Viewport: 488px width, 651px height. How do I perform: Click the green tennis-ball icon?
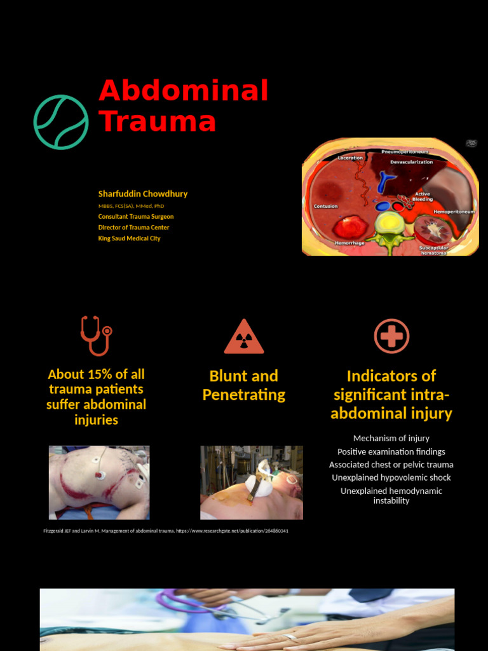[x=61, y=122]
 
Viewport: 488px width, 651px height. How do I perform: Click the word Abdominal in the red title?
[x=184, y=91]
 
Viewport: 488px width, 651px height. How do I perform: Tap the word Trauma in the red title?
[x=157, y=121]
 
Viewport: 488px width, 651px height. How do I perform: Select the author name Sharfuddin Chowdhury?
[x=143, y=194]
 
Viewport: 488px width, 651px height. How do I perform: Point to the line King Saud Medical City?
[x=129, y=238]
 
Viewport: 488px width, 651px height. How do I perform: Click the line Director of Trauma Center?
[x=133, y=228]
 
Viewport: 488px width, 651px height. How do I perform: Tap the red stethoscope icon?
[x=95, y=335]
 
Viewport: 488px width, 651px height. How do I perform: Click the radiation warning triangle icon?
[x=244, y=338]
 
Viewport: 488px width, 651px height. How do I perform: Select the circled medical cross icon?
[x=391, y=336]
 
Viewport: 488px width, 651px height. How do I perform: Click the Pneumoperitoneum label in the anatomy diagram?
[x=405, y=153]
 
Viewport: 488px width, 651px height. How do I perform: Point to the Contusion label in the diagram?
[x=326, y=207]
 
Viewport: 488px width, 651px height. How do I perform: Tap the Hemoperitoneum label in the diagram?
[x=454, y=211]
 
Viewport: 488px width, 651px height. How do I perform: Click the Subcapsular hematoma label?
[x=433, y=250]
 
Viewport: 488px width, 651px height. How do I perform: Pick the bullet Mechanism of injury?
[x=391, y=438]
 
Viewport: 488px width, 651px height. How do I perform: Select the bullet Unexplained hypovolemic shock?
[x=391, y=477]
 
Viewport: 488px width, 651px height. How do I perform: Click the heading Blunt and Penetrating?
[x=244, y=385]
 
